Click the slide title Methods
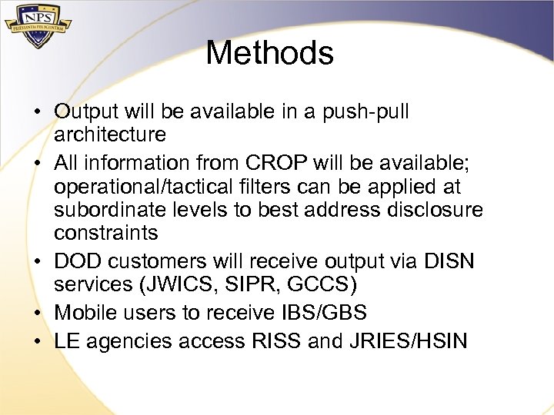pos(269,53)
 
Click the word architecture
pos(109,135)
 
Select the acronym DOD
pos(80,261)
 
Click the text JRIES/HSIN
pos(408,341)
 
